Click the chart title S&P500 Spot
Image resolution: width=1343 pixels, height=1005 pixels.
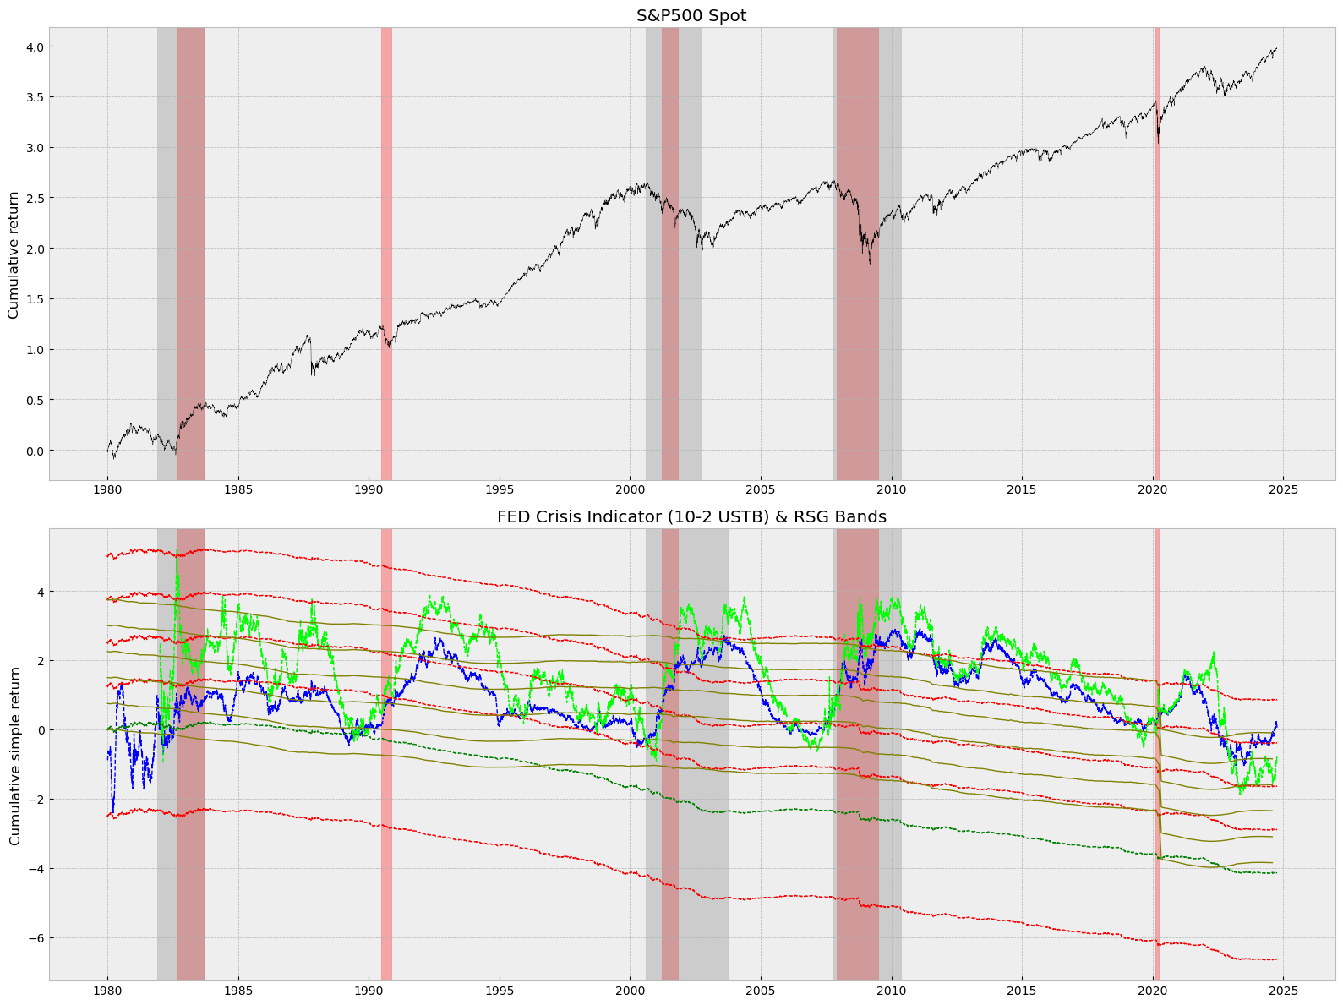[691, 15]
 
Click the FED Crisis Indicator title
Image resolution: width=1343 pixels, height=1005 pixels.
[691, 516]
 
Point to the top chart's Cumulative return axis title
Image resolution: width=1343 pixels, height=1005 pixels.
[14, 254]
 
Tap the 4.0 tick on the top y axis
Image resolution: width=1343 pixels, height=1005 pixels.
[33, 46]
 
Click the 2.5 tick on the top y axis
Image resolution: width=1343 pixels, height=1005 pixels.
[33, 198]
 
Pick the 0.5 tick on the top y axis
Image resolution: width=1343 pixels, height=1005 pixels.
[33, 400]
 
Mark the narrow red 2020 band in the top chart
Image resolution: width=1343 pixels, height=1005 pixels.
[1157, 254]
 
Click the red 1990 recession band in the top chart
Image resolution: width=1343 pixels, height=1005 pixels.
[386, 254]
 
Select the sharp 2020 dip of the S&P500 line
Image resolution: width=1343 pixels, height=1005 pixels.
[1158, 142]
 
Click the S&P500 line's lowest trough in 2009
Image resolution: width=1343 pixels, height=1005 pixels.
[870, 263]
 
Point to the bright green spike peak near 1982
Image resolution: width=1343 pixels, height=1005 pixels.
[177, 558]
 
